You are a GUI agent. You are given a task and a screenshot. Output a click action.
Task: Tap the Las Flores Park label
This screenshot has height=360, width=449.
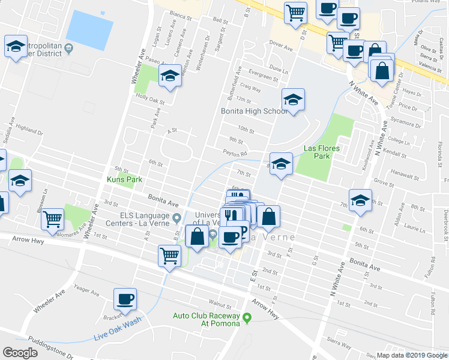(x=321, y=152)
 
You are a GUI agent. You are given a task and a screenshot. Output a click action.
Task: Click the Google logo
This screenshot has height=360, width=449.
(x=20, y=353)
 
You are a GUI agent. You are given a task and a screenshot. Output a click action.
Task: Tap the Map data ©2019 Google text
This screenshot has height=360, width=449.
(x=411, y=355)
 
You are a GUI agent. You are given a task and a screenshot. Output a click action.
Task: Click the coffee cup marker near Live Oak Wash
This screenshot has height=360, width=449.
(x=125, y=299)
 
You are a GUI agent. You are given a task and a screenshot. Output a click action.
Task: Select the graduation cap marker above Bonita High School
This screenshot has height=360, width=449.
(x=294, y=100)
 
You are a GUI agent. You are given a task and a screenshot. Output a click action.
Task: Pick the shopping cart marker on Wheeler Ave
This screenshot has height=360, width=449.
(x=53, y=220)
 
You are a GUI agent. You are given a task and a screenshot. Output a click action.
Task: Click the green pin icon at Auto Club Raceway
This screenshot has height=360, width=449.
(x=246, y=317)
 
